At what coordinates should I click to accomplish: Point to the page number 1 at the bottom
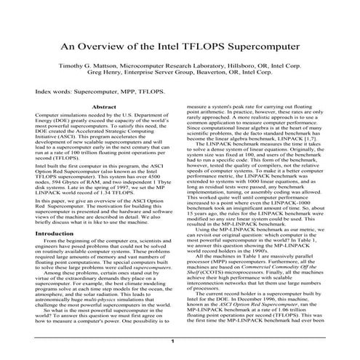click(x=172, y=341)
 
